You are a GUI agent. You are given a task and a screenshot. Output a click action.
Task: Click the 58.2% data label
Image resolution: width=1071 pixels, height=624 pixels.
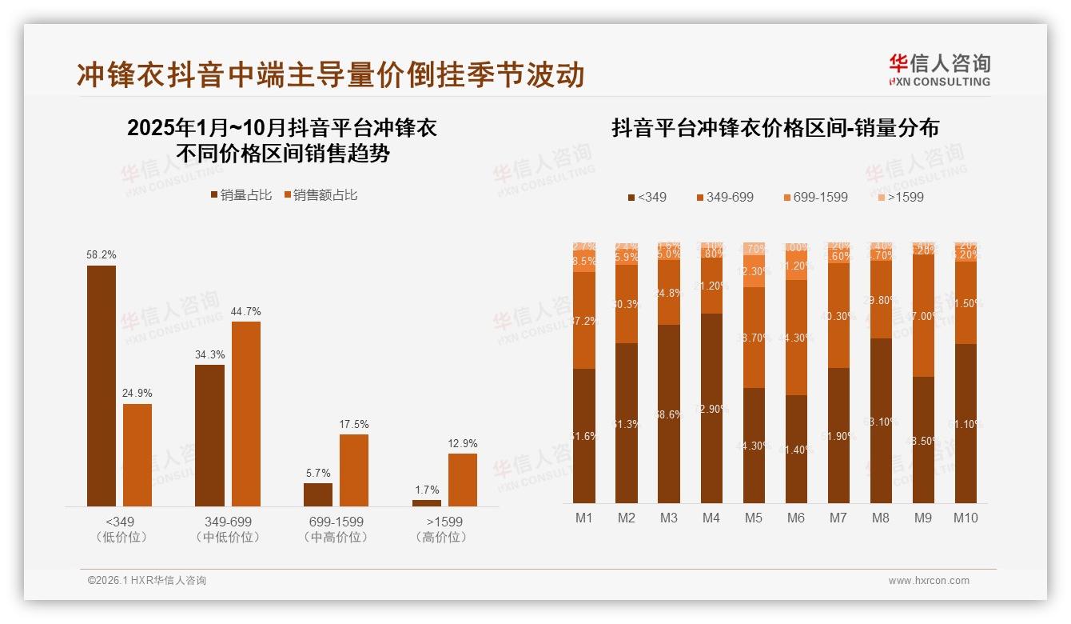point(102,254)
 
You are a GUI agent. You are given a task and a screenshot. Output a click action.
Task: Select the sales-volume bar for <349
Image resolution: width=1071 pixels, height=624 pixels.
point(102,386)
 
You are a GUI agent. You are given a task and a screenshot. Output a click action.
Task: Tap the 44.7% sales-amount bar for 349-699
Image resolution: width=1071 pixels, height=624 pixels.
point(246,414)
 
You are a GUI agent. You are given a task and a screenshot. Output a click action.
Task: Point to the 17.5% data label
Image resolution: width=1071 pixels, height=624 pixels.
point(354,424)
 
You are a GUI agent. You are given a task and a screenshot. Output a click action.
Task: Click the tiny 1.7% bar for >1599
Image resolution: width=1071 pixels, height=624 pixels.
point(427,503)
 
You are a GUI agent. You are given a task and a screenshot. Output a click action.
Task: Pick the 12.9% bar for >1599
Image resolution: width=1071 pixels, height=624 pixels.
point(463,480)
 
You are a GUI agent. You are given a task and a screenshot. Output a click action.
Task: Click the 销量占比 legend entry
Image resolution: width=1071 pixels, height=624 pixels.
point(241,195)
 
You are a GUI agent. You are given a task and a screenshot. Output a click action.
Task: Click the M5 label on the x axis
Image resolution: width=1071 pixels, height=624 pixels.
point(754,518)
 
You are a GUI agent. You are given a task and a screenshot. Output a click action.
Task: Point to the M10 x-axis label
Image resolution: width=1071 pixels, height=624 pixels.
point(965,518)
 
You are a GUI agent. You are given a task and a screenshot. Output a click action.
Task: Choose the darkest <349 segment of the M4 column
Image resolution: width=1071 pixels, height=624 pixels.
point(711,408)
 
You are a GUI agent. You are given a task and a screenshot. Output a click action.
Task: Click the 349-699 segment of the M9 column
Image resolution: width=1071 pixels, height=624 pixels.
point(923,315)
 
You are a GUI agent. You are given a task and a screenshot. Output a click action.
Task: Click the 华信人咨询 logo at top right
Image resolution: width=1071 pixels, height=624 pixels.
point(939,70)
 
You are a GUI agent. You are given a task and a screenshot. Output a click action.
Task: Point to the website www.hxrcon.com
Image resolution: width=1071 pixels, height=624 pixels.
point(929,581)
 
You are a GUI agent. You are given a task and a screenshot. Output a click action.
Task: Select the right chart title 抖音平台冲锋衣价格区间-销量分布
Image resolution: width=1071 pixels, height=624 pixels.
point(775,128)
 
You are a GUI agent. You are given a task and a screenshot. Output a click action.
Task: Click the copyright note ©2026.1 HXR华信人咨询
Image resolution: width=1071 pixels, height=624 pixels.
point(147,581)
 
